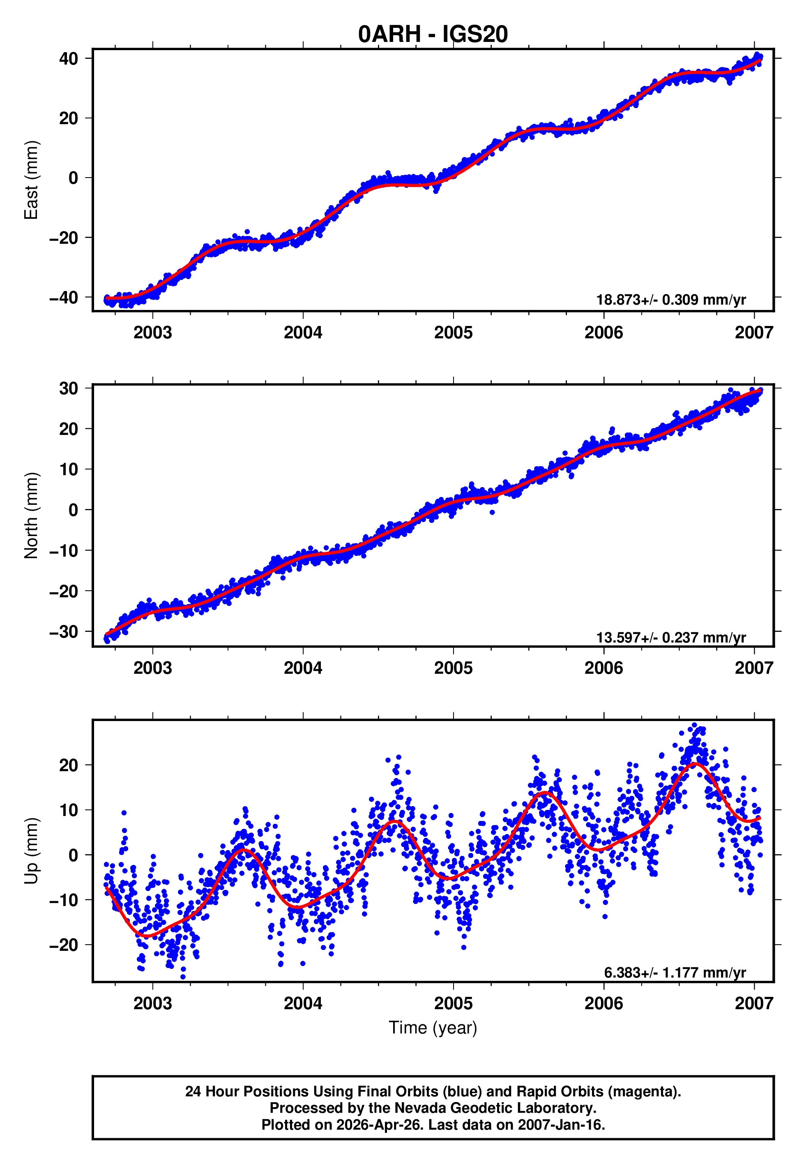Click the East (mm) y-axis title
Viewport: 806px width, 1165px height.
tap(31, 180)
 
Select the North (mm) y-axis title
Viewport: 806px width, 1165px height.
tap(31, 515)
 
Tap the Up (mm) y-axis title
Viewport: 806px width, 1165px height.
tap(31, 851)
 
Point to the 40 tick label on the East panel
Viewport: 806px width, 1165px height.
tap(69, 59)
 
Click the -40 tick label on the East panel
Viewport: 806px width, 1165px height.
tap(64, 298)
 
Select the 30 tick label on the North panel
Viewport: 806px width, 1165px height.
tap(69, 388)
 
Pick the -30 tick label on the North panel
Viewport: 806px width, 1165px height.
tap(64, 631)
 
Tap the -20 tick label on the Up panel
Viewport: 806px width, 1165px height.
tap(64, 945)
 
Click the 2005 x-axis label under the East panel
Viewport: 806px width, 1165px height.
tap(453, 333)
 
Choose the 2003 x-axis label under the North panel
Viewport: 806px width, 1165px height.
tap(152, 668)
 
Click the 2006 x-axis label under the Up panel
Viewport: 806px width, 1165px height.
tap(603, 1003)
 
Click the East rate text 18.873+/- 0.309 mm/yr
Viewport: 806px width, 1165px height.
tap(671, 300)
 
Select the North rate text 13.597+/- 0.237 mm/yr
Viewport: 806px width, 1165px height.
tap(671, 637)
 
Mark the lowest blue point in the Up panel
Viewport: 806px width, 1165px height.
tap(183, 977)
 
